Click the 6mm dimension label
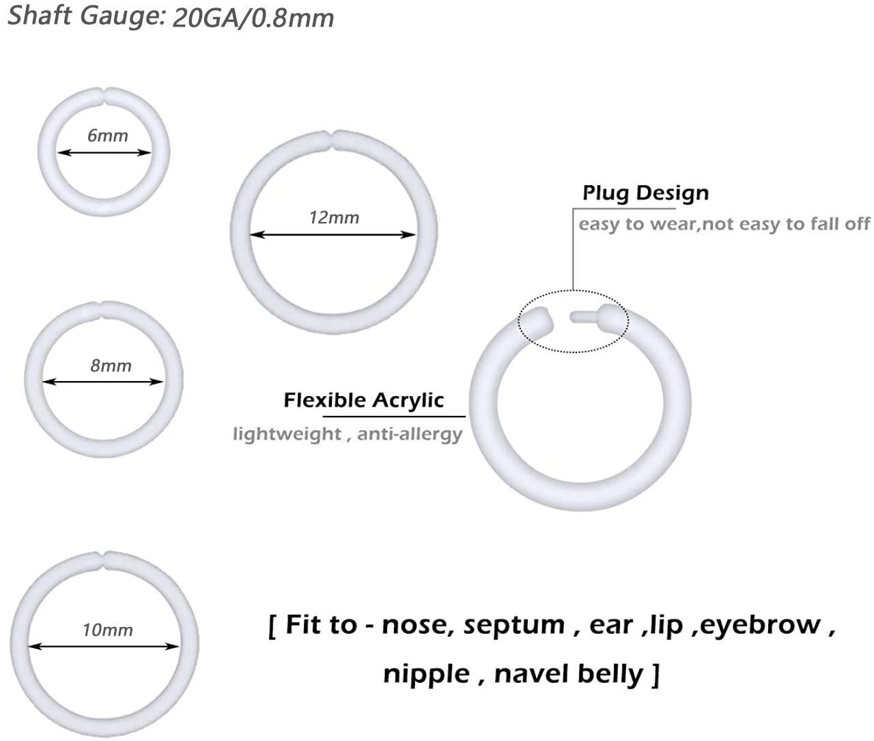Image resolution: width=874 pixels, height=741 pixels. coord(107,135)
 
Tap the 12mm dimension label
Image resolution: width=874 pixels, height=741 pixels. coord(334,218)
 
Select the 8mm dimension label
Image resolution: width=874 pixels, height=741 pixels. coord(111,366)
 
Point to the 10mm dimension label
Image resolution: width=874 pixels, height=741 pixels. coord(108,630)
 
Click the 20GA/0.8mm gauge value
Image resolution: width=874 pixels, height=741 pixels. coord(253,18)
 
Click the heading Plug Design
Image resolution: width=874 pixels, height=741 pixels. coord(645,193)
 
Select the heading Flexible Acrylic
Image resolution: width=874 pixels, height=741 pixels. coord(363,400)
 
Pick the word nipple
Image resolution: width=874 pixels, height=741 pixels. coord(426,673)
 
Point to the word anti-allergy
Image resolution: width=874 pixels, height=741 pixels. coord(410,434)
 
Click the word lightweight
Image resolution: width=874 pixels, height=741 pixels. coord(287,434)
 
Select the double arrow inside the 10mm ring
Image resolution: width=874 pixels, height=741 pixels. coord(104,646)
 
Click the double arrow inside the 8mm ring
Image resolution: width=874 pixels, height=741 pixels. coord(104,382)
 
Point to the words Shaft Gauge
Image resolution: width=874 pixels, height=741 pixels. coord(86,15)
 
